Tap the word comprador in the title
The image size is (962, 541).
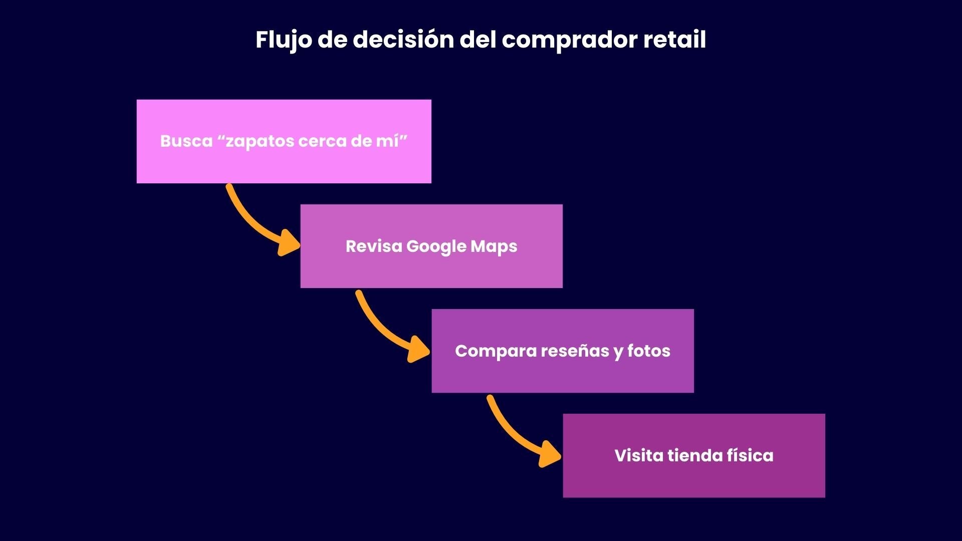[x=569, y=40]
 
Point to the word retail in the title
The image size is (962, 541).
[x=674, y=40]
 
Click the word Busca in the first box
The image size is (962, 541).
[x=186, y=141]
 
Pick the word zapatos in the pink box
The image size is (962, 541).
[x=260, y=141]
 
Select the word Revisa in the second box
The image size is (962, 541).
[x=373, y=246]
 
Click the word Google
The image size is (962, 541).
[x=436, y=246]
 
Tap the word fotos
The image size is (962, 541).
[x=649, y=351]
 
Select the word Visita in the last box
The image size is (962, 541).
[x=638, y=456]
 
